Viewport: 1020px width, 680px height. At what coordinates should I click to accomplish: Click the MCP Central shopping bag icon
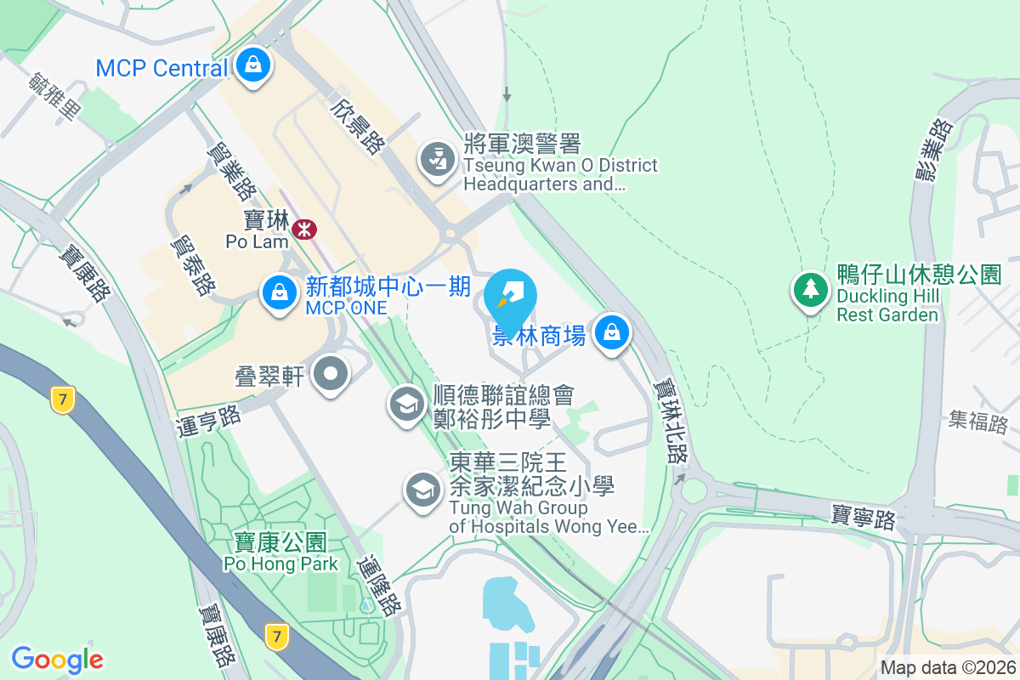point(252,65)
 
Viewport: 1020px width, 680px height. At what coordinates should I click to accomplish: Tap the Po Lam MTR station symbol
point(303,229)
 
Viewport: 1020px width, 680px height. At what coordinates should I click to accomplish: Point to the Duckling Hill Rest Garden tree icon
point(810,290)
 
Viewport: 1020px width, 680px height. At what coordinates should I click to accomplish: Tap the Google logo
point(57,659)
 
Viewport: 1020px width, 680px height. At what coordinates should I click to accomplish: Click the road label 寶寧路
point(863,516)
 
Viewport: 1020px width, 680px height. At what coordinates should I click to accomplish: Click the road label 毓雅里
point(54,96)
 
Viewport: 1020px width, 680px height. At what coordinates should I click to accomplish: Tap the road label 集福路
point(977,420)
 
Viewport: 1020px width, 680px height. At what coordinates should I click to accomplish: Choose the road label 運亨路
point(209,414)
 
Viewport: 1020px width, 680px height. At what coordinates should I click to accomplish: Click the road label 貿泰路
point(192,265)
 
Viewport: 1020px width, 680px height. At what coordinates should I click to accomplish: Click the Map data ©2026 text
point(948,667)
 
